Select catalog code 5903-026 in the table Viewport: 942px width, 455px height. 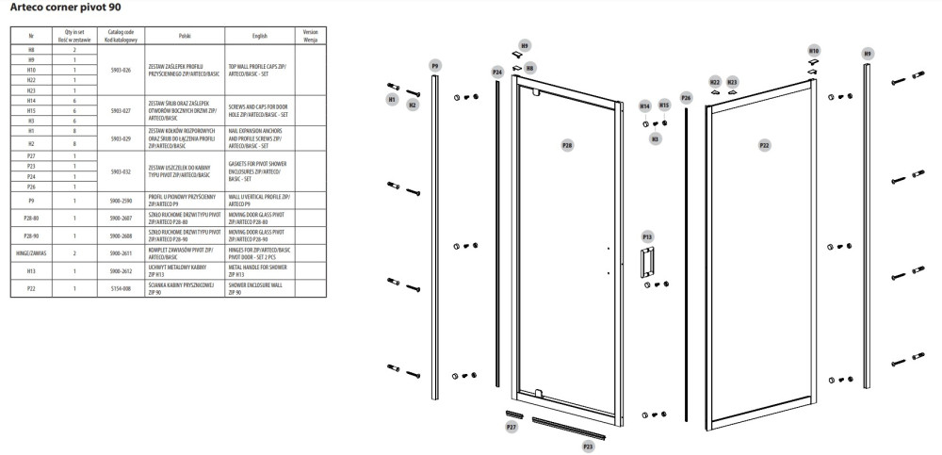point(121,70)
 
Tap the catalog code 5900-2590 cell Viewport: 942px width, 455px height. point(121,200)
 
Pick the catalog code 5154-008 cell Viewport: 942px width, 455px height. point(121,288)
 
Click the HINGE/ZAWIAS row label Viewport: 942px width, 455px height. point(31,253)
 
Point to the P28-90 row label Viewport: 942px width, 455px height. point(31,235)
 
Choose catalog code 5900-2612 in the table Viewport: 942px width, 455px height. point(121,271)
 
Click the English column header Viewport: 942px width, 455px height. point(260,33)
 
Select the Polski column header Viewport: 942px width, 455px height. point(184,33)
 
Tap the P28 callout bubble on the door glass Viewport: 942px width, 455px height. point(567,146)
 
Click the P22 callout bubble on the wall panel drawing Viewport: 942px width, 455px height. point(764,146)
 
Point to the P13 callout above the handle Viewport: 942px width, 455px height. point(647,236)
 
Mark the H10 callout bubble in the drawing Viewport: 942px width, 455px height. point(814,50)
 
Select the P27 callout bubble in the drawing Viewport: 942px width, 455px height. point(512,427)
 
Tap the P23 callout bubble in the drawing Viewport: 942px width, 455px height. point(588,445)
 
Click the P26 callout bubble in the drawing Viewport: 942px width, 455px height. point(686,98)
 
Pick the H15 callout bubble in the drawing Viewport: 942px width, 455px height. point(664,105)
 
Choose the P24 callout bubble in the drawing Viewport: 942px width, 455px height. point(496,72)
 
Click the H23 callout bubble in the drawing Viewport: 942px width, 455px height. point(732,82)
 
